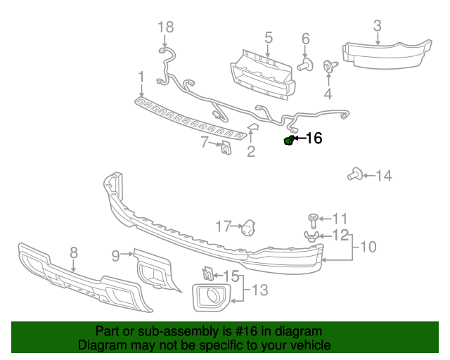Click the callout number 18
[165, 27]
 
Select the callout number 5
[268, 37]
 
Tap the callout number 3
[377, 27]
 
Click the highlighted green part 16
[288, 141]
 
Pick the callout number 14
[383, 175]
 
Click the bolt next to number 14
[354, 175]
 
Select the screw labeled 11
[314, 219]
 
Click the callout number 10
[368, 247]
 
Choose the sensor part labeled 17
[248, 228]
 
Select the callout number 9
[115, 256]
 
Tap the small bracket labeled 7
[226, 148]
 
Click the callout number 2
[250, 151]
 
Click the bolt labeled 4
[328, 67]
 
